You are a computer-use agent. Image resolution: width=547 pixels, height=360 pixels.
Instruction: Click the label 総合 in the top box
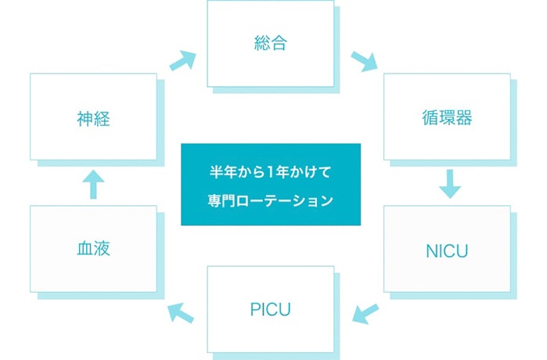[x=270, y=42]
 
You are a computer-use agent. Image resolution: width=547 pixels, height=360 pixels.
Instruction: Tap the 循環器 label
[x=446, y=119]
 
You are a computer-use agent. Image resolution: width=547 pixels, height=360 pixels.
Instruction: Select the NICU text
[x=446, y=250]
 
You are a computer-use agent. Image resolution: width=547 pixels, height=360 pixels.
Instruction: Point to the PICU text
[x=270, y=308]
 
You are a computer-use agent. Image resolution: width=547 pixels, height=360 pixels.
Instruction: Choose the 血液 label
[x=93, y=249]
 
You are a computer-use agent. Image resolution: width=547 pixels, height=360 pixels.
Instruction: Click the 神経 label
[x=93, y=119]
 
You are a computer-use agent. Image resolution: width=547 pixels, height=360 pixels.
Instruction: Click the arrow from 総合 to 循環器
[x=364, y=60]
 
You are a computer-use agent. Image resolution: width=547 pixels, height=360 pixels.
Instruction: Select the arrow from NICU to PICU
[x=365, y=313]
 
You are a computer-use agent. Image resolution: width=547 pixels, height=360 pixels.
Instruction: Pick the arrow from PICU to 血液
[x=182, y=312]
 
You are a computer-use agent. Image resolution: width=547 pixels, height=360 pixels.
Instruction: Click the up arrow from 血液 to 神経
[x=93, y=185]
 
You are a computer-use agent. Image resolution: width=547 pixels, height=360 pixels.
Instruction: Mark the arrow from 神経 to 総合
[x=182, y=59]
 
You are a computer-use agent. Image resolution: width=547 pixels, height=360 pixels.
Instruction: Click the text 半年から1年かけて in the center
[x=271, y=171]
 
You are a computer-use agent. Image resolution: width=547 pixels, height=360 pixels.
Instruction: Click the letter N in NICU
[x=430, y=250]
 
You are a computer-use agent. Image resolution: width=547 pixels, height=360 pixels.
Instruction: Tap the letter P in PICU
[x=254, y=308]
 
